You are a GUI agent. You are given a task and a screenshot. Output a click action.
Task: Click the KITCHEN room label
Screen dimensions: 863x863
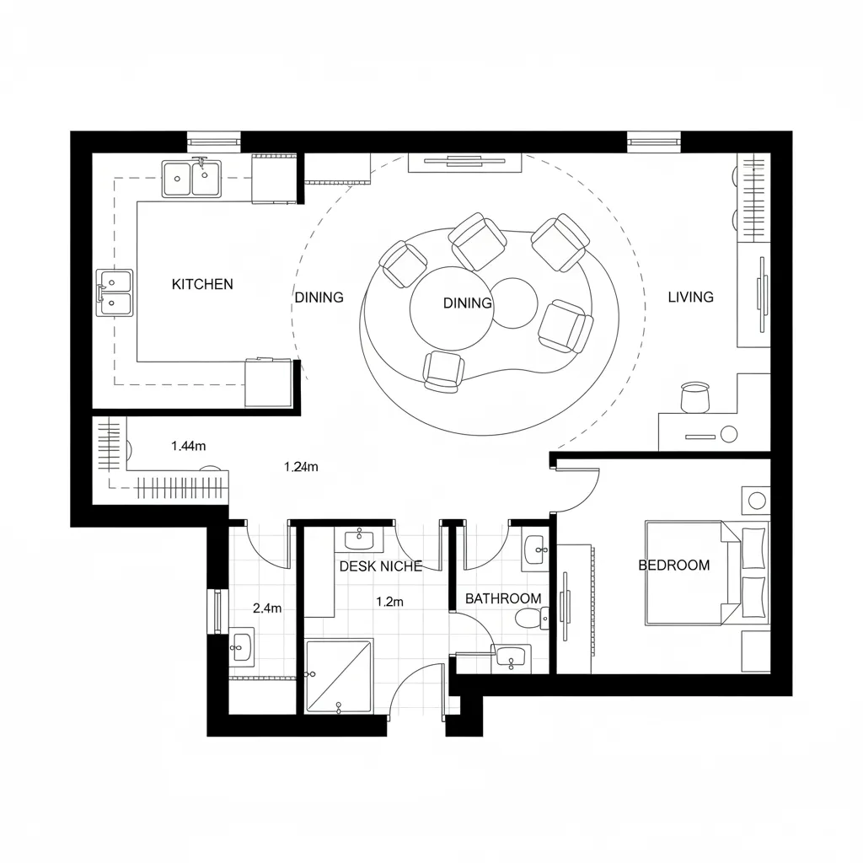202,284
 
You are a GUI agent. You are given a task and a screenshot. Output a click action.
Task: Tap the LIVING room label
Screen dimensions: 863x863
691,297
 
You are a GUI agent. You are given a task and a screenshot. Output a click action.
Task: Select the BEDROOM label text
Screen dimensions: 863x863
674,566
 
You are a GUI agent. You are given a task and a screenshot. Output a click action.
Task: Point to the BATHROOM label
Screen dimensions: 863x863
503,598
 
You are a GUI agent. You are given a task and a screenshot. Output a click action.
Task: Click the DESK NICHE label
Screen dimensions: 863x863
381,566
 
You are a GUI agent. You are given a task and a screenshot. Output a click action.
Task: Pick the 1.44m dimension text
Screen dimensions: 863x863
188,446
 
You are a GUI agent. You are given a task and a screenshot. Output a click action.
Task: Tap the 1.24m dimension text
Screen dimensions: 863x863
301,467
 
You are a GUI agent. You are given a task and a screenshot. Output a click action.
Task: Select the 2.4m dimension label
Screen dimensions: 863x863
267,608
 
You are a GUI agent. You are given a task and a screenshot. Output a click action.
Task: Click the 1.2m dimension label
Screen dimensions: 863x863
389,602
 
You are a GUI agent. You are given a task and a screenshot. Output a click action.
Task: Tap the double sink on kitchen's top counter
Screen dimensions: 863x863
191,179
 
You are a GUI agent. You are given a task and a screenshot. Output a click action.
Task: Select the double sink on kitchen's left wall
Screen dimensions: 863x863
115,292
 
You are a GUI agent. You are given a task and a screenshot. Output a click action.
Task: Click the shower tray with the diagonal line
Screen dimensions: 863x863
339,676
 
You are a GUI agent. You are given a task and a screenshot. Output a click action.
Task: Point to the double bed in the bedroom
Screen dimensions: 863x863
707,573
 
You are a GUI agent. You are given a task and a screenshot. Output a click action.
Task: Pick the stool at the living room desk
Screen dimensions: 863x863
694,397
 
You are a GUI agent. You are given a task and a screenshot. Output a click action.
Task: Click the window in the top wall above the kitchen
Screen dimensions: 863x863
213,142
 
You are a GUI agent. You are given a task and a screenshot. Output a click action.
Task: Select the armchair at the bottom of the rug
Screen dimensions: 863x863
442,372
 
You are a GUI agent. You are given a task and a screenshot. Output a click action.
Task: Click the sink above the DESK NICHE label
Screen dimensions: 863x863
359,539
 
